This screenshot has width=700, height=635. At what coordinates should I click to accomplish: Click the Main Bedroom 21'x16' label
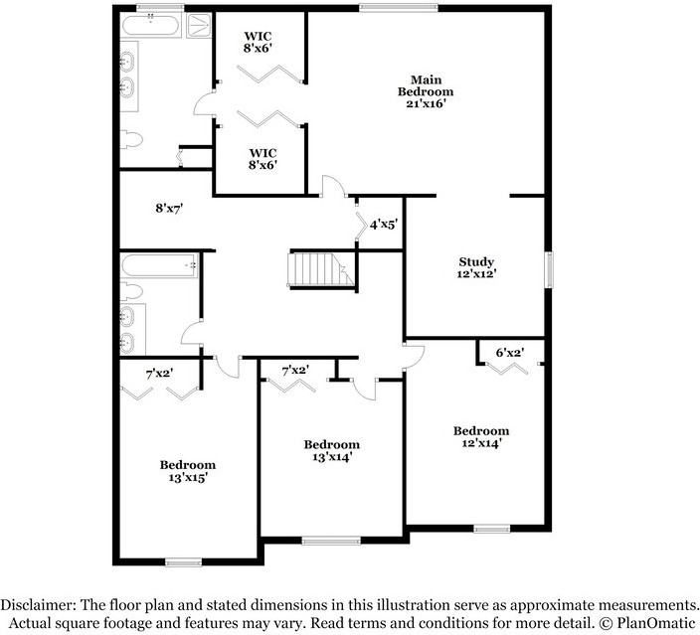coord(426,91)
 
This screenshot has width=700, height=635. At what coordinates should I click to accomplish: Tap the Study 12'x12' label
coord(476,268)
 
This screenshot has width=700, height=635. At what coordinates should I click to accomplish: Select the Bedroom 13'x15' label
coord(188,471)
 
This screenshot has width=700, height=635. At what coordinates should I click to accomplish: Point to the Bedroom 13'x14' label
coord(331,450)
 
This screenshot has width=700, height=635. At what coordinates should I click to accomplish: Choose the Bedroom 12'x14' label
coord(481,437)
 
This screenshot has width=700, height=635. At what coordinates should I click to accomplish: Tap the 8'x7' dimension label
coord(169,209)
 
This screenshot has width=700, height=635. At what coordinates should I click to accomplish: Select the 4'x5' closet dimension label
coord(383,226)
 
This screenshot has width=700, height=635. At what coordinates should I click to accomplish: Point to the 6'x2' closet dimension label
coord(511,352)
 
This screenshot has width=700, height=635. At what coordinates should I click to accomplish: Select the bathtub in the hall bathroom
coord(157,264)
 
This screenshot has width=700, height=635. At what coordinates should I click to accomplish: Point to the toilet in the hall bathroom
coord(131,292)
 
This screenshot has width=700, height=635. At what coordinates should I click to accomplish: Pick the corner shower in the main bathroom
coord(198,24)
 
